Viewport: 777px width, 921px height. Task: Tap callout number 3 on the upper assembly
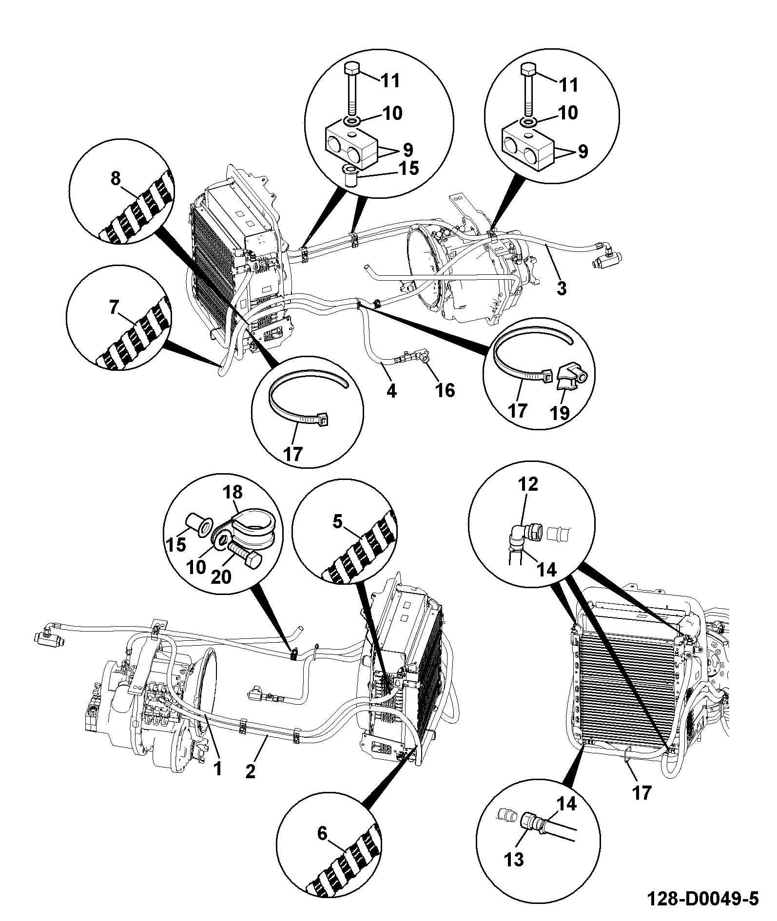coord(562,288)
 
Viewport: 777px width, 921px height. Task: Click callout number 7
coord(114,308)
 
